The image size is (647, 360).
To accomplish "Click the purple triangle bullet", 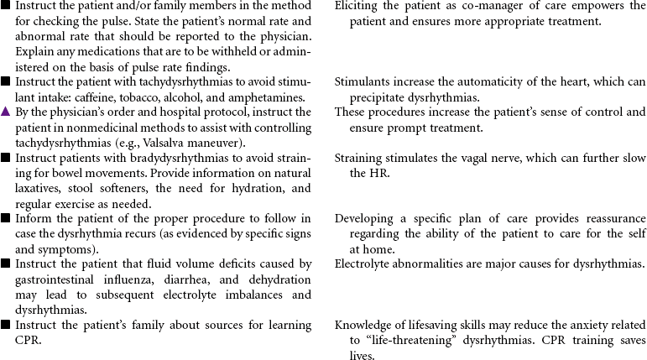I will coord(6,112).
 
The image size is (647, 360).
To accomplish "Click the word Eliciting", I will coord(360,6).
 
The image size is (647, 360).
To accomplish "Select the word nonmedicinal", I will coord(95,128).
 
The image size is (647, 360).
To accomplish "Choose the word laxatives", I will coord(39,188).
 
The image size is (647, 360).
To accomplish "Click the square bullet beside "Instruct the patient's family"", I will coord(6,325).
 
